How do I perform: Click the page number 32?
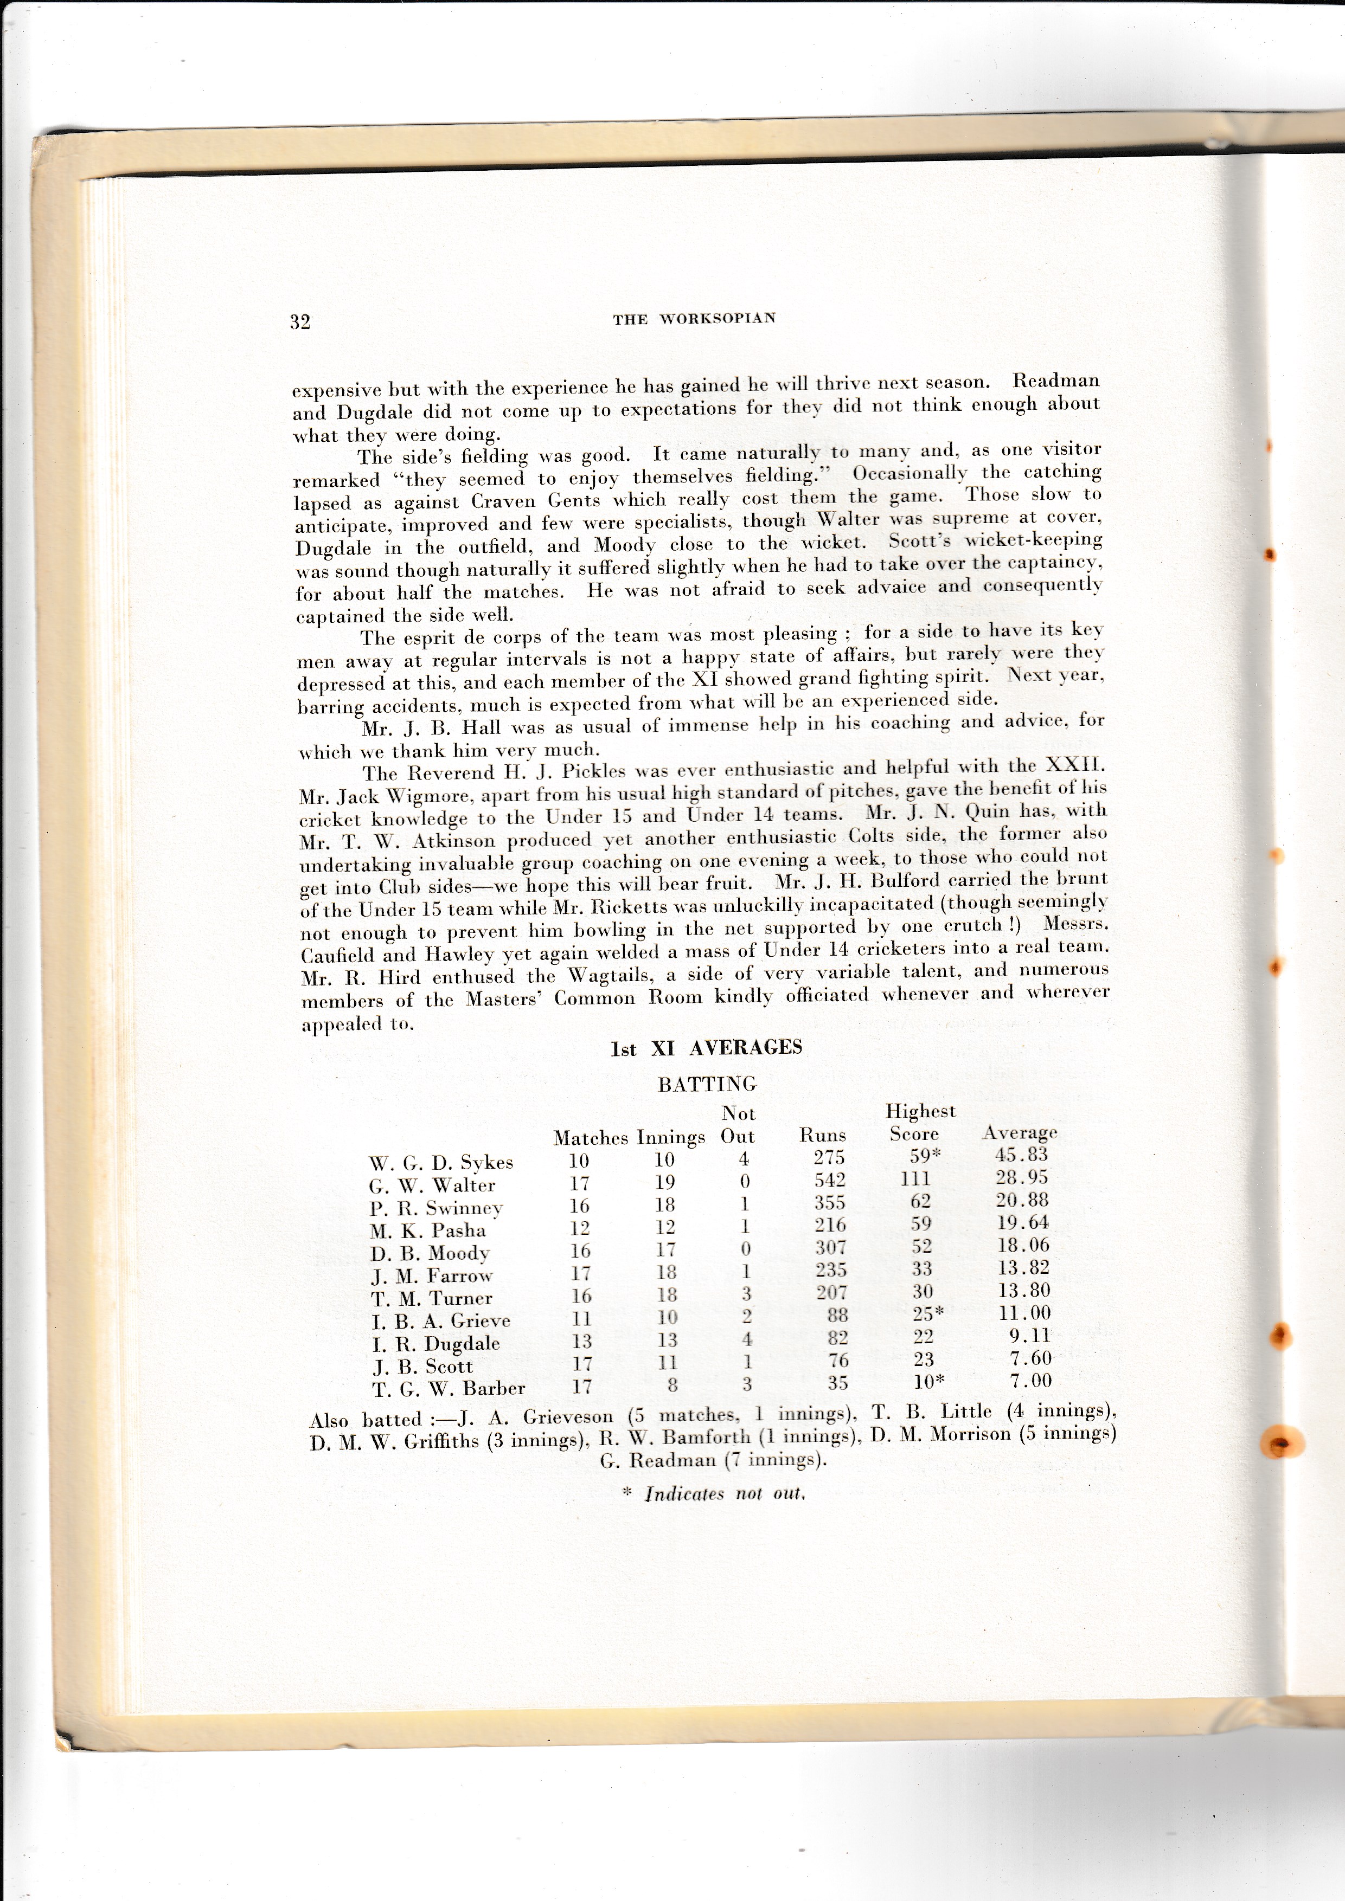tap(300, 322)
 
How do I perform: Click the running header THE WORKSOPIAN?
tap(694, 319)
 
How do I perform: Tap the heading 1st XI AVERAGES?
tap(706, 1048)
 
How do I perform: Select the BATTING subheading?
tap(707, 1085)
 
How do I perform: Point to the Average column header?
tap(1020, 1133)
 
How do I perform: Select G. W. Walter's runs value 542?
tap(829, 1180)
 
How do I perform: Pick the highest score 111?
tap(915, 1179)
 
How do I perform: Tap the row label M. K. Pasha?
tap(427, 1230)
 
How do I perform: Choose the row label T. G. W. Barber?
tap(447, 1389)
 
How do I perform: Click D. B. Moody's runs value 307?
tap(830, 1248)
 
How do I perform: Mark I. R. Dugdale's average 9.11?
tap(1030, 1336)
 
